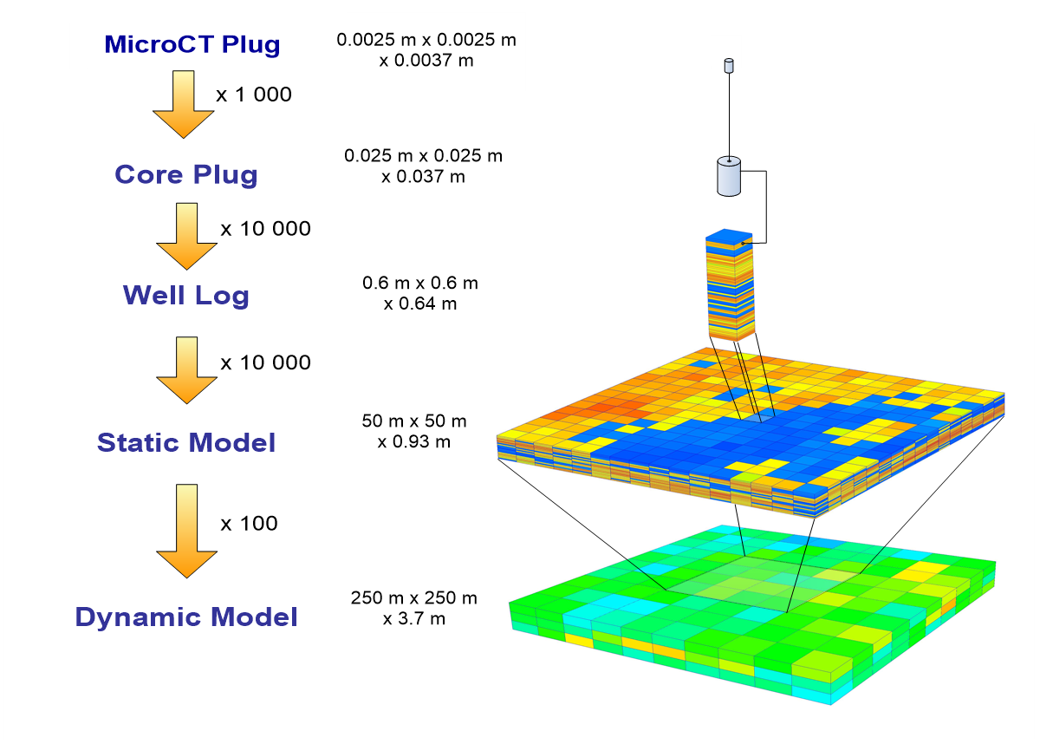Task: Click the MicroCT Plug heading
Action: (192, 44)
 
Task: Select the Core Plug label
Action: (186, 174)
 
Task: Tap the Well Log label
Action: (186, 296)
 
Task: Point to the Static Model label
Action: (186, 442)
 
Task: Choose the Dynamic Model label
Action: (186, 617)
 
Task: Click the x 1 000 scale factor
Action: (253, 95)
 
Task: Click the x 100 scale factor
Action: (249, 524)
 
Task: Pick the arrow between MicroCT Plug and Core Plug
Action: (184, 104)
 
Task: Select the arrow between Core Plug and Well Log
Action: (186, 236)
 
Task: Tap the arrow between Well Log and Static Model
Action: (186, 370)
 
